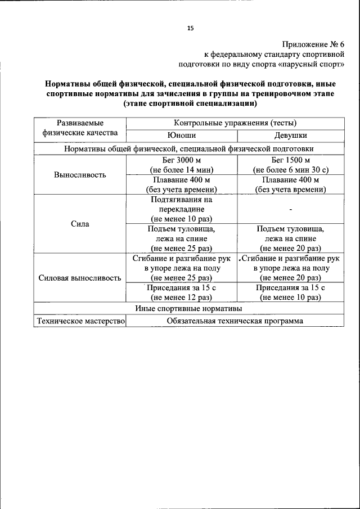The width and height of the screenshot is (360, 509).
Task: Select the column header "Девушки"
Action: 290,136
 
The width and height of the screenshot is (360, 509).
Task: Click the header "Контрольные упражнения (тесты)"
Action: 235,123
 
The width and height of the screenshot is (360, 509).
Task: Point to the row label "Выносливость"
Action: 80,174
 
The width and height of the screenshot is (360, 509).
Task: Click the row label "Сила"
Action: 80,224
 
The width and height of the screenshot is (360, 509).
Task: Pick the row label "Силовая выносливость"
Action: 80,278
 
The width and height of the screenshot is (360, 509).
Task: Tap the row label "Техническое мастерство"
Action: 80,321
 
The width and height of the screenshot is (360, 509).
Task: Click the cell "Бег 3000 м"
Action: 181,160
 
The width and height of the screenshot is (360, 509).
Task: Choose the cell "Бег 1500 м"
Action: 290,160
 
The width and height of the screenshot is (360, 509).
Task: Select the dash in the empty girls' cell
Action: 290,209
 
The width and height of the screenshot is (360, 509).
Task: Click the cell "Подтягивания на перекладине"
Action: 181,204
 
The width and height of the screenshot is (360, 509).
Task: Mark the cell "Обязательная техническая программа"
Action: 235,321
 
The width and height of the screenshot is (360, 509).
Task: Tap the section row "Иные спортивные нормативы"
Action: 188,309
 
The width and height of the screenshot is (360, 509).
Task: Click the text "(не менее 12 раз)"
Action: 181,298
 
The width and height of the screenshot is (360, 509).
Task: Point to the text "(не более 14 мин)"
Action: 181,170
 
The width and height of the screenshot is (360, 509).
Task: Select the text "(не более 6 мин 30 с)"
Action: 290,170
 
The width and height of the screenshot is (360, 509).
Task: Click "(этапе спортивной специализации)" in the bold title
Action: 190,104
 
